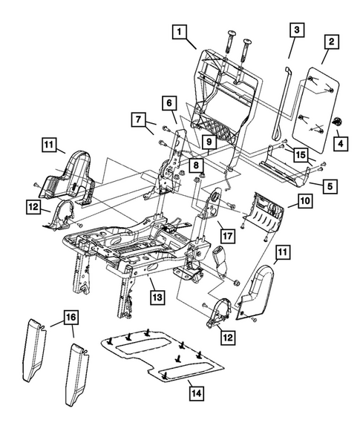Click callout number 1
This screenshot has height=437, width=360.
(x=179, y=32)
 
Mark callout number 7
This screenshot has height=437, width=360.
(x=137, y=119)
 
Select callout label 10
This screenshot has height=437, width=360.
(x=209, y=140)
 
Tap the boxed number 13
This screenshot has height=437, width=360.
(x=304, y=201)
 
